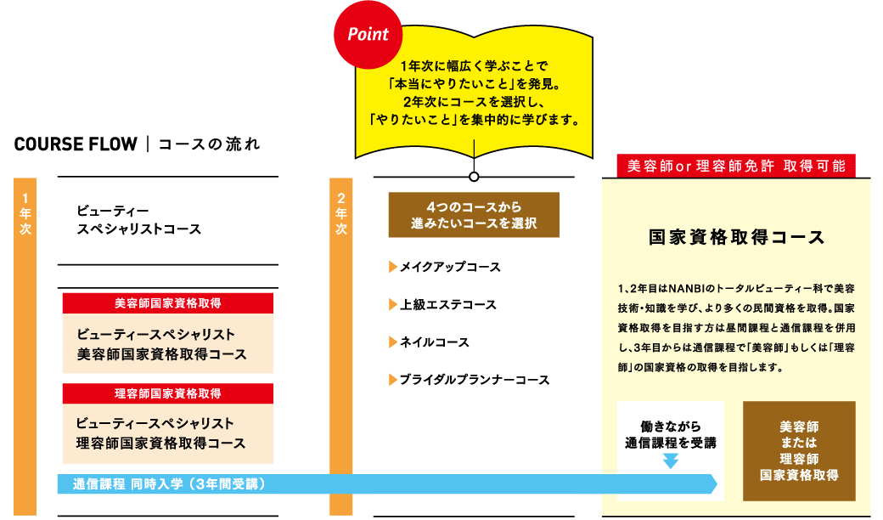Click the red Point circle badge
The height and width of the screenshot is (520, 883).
pos(368,35)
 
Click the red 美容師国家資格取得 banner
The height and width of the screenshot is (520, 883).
pos(168,302)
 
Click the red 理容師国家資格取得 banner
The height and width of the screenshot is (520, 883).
pos(168,393)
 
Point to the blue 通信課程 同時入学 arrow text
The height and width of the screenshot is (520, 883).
pos(170,484)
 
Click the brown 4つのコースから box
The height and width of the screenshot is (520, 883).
pos(473,214)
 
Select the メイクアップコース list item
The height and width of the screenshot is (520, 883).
pos(450,267)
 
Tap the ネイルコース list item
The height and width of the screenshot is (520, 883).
pos(434,342)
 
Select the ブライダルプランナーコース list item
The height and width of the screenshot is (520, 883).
pos(474,380)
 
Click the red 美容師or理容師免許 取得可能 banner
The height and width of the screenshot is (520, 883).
pos(735,166)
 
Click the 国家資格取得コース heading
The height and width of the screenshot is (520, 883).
pos(735,237)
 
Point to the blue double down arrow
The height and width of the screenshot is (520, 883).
pos(671,461)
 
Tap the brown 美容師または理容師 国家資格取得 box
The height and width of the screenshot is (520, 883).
pos(798,450)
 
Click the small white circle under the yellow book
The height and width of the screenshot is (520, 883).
pos(474,178)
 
